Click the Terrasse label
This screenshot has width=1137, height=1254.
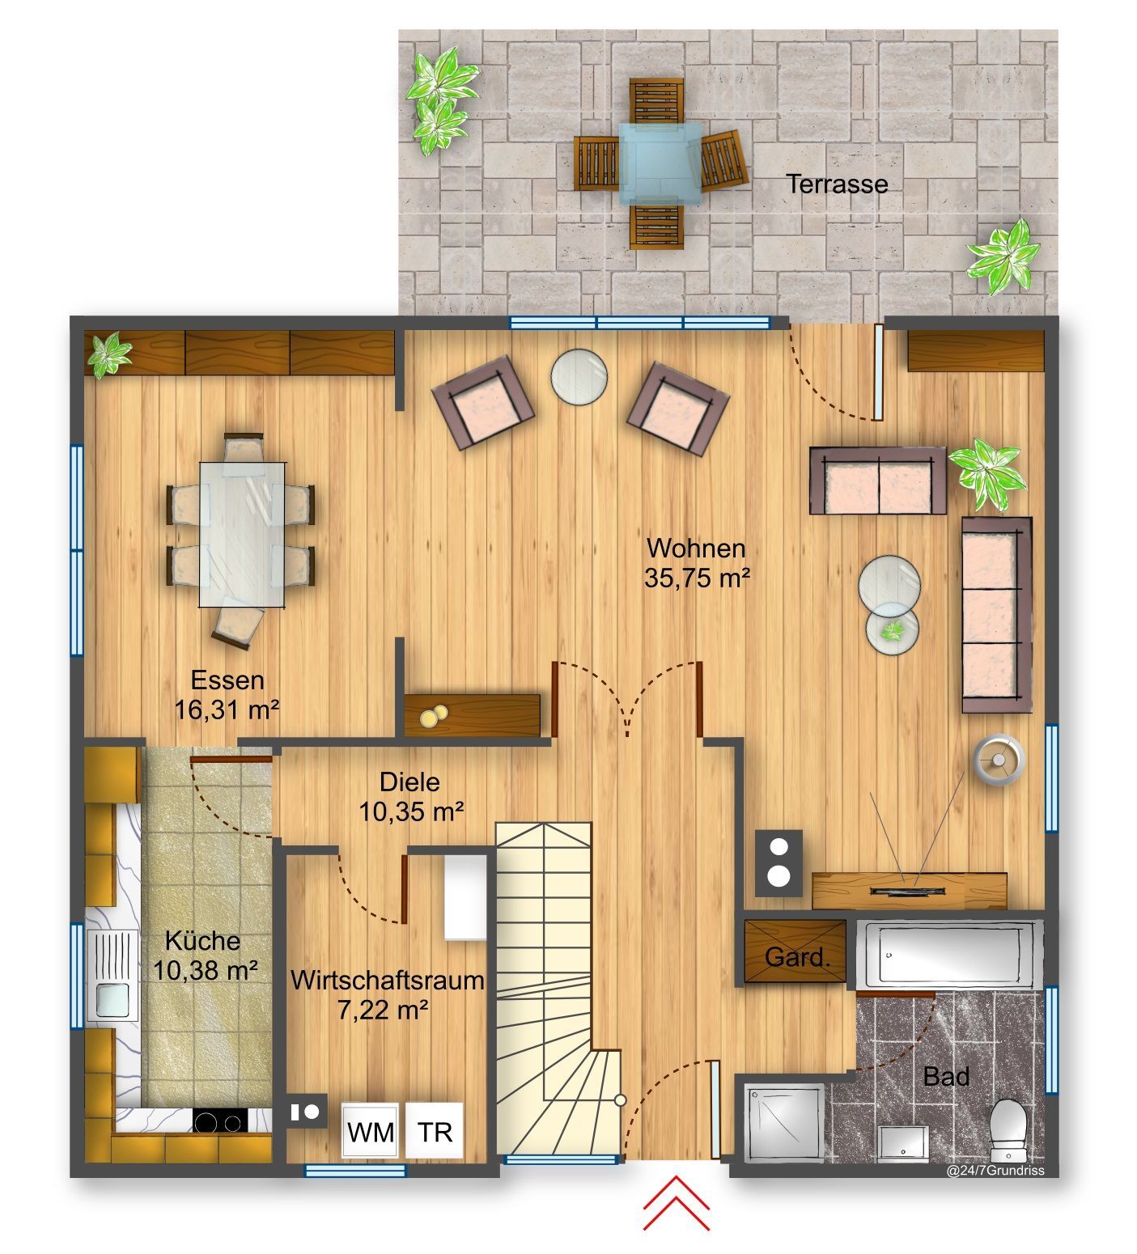(838, 184)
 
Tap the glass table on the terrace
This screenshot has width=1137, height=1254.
(658, 161)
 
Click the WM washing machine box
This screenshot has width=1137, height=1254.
(371, 1132)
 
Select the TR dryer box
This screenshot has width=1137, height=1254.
(435, 1132)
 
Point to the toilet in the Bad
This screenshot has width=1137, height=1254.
(1008, 1124)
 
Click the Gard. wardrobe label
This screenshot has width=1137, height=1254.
(797, 959)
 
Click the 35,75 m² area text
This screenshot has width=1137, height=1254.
(697, 578)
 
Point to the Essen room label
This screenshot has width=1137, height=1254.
(227, 680)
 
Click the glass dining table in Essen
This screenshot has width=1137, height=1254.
(243, 533)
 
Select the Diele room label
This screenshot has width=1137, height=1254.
(410, 782)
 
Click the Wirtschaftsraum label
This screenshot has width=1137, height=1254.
(388, 981)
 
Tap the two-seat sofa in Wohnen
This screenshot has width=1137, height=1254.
(878, 481)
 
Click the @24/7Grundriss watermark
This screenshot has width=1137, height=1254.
(1003, 1169)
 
